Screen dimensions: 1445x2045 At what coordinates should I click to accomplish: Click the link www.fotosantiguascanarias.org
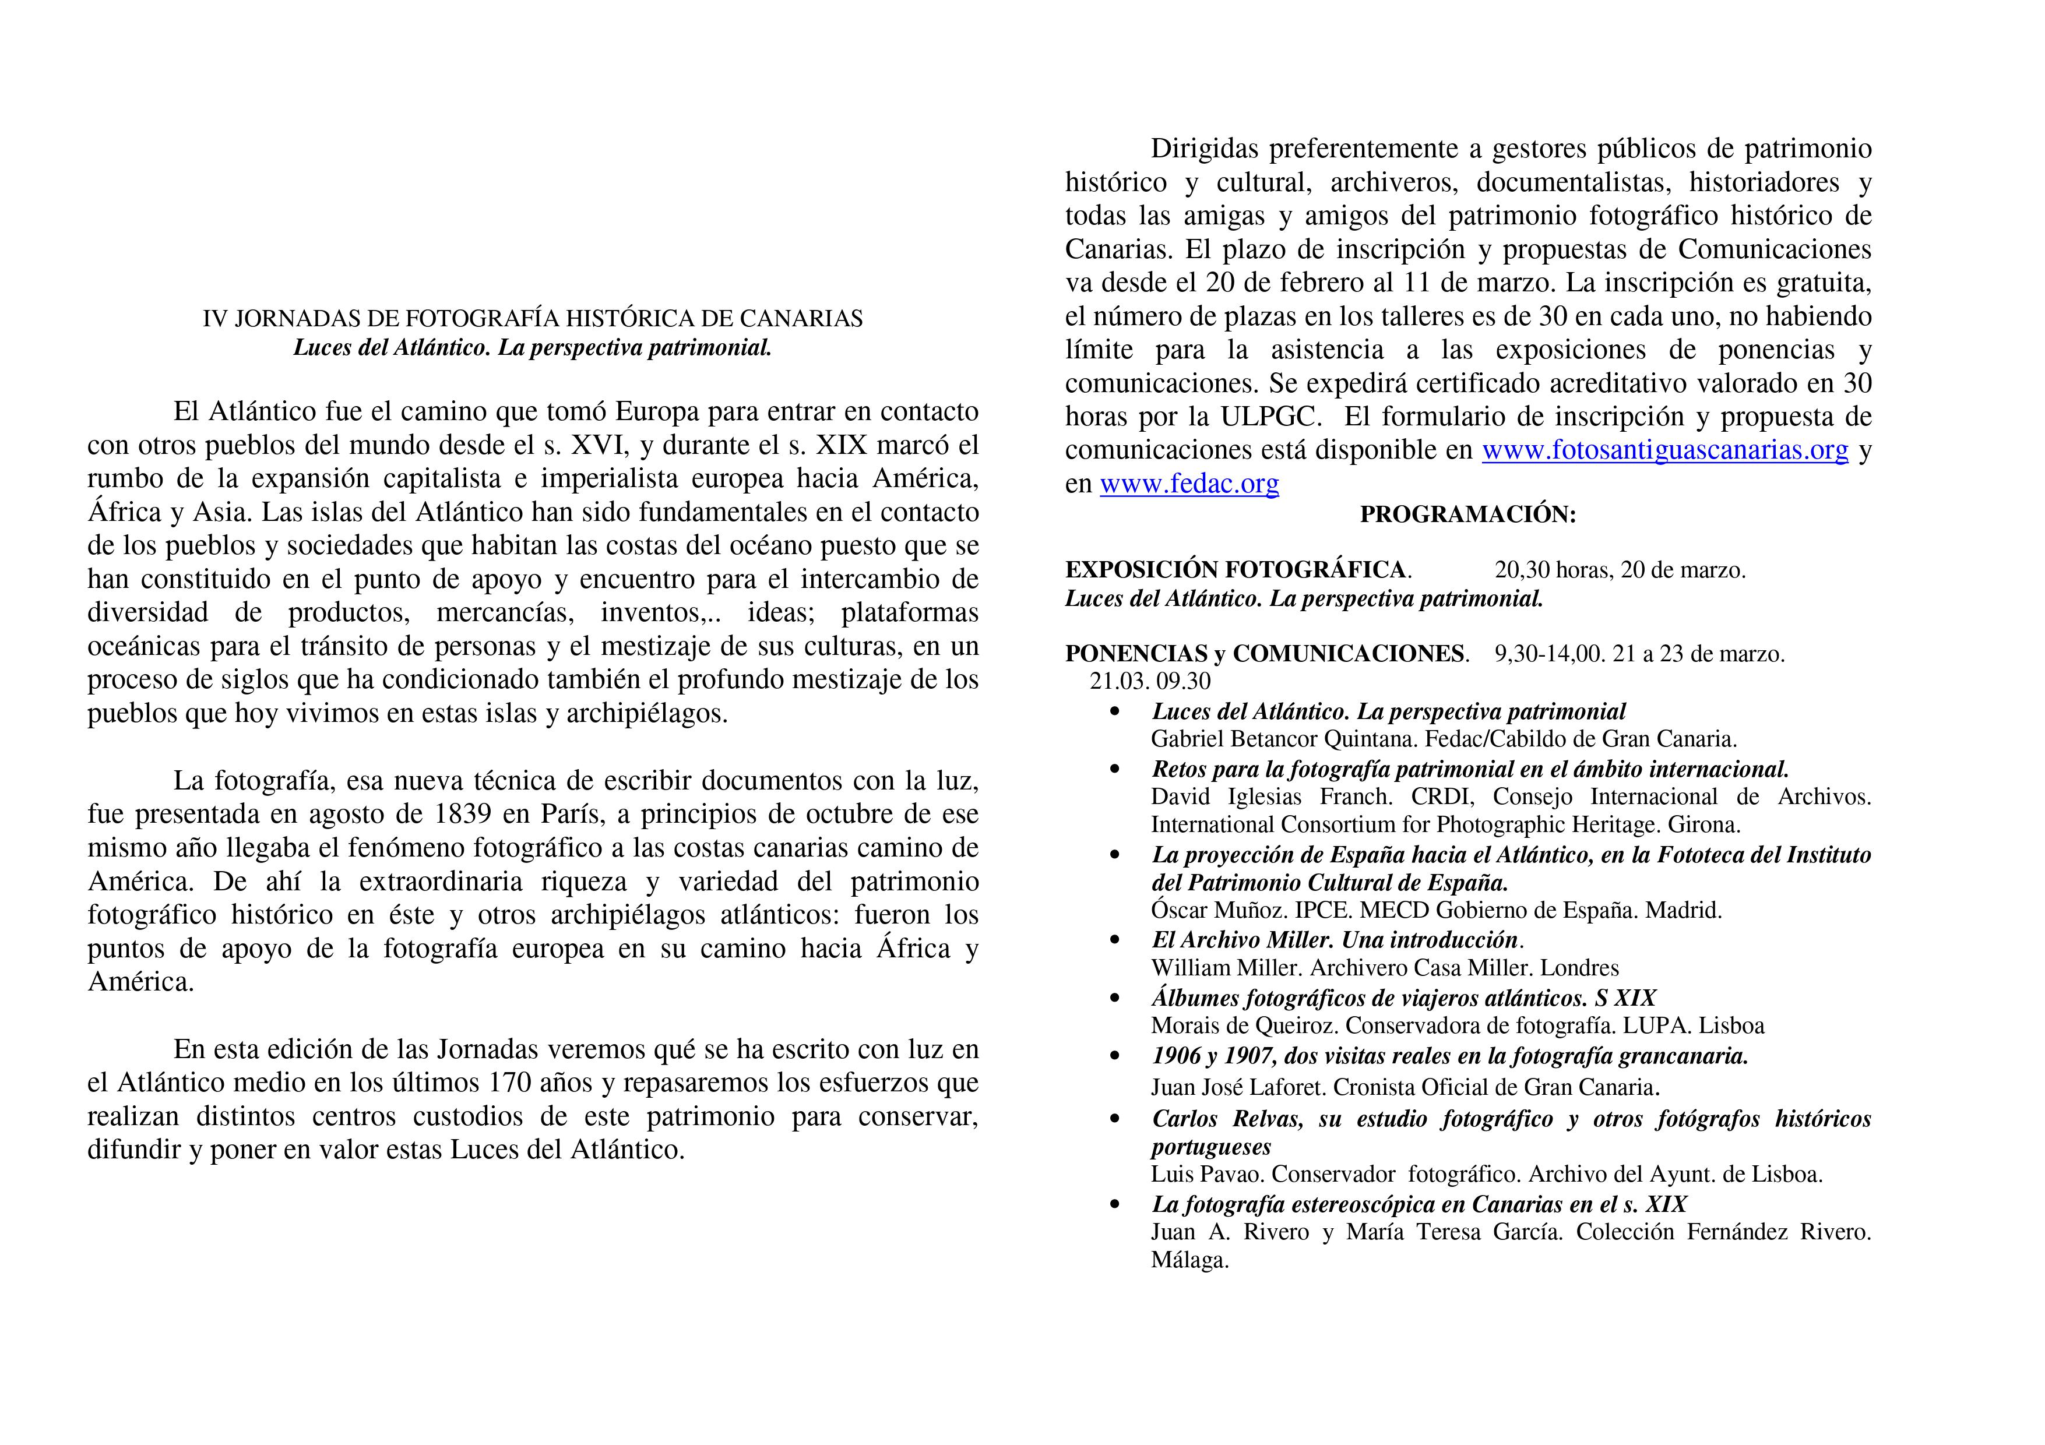coord(1664,450)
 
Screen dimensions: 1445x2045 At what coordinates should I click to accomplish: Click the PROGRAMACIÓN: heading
coord(1468,514)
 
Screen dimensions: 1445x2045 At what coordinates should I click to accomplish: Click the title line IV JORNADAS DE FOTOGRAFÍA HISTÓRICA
coord(533,319)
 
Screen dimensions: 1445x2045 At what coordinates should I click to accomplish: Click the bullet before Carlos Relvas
coord(1114,1120)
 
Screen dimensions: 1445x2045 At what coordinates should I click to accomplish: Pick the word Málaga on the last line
coord(1189,1261)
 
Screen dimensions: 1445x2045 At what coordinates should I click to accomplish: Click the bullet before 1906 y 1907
coord(1114,1057)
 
